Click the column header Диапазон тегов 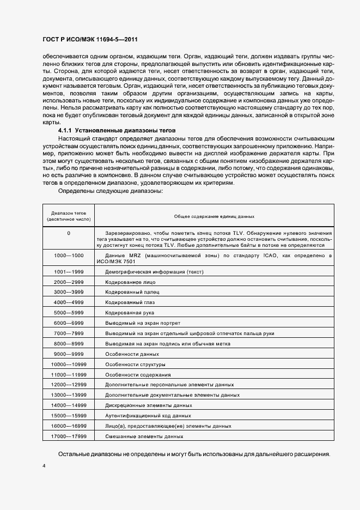(69, 216)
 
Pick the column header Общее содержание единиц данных (214, 216)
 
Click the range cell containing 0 (69, 233)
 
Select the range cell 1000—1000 (69, 255)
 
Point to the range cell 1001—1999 (69, 271)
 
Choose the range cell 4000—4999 (69, 302)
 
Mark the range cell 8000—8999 (69, 344)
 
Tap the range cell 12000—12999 (69, 385)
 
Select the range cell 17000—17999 (69, 436)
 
